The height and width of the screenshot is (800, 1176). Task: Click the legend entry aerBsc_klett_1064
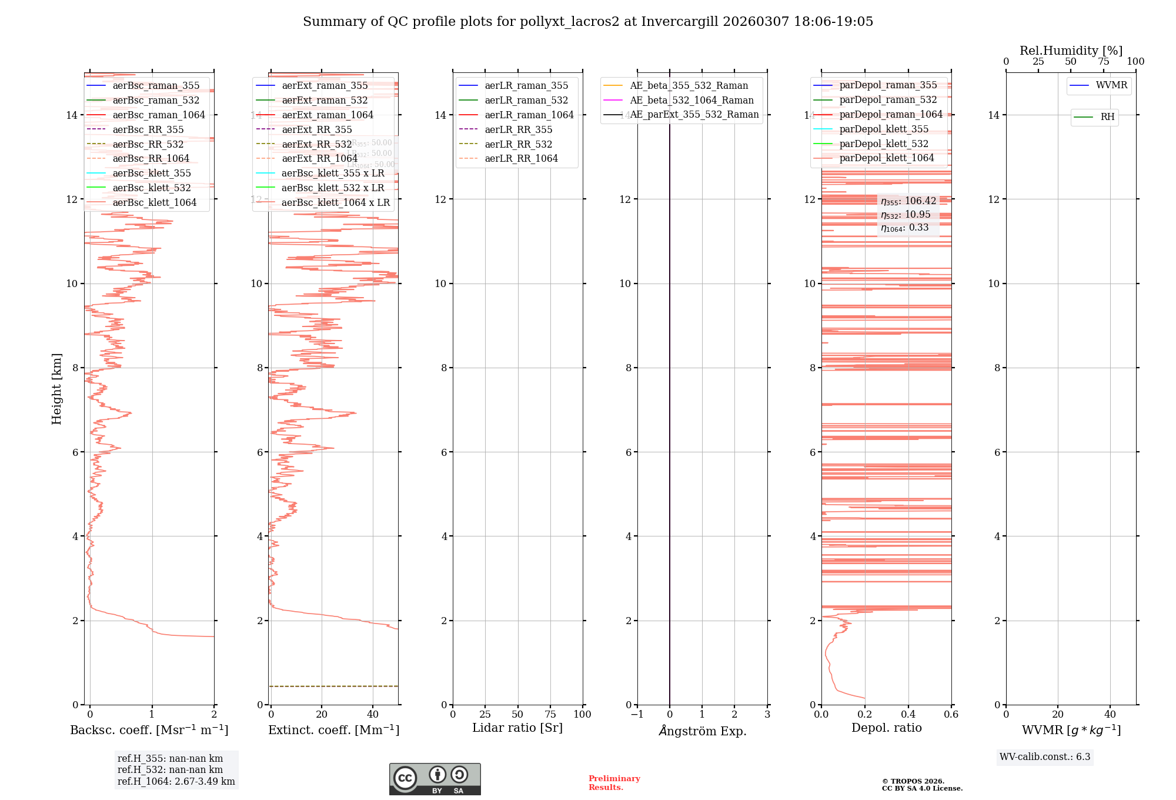pos(154,202)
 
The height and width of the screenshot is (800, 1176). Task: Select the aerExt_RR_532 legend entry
pos(316,144)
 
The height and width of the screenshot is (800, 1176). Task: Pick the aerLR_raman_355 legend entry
pos(526,86)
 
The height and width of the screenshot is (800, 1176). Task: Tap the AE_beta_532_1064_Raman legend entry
pos(691,100)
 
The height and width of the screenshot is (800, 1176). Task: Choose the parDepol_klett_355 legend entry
pos(884,129)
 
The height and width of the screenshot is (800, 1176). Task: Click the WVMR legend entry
pos(1111,85)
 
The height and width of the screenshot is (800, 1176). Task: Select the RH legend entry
pos(1107,117)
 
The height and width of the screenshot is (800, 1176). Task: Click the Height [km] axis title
pos(56,388)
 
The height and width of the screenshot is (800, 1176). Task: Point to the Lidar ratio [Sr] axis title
pos(517,728)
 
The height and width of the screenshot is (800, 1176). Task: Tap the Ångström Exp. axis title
pos(702,731)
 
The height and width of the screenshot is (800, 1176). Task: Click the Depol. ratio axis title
pos(886,728)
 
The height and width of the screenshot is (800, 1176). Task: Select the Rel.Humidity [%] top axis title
pos(1071,51)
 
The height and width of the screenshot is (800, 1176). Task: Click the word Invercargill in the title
pos(680,22)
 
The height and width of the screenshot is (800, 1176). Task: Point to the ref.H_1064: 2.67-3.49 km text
pos(176,781)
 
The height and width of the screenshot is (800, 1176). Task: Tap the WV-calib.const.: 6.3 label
pos(1045,756)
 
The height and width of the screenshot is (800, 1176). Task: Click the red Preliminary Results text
pos(614,782)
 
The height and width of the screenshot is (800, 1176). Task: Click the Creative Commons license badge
pos(435,779)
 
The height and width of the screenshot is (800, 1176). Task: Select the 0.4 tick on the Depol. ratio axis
pos(908,714)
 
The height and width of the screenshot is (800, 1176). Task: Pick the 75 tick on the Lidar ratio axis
pos(550,714)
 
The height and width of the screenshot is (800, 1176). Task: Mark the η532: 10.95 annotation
pos(906,215)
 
